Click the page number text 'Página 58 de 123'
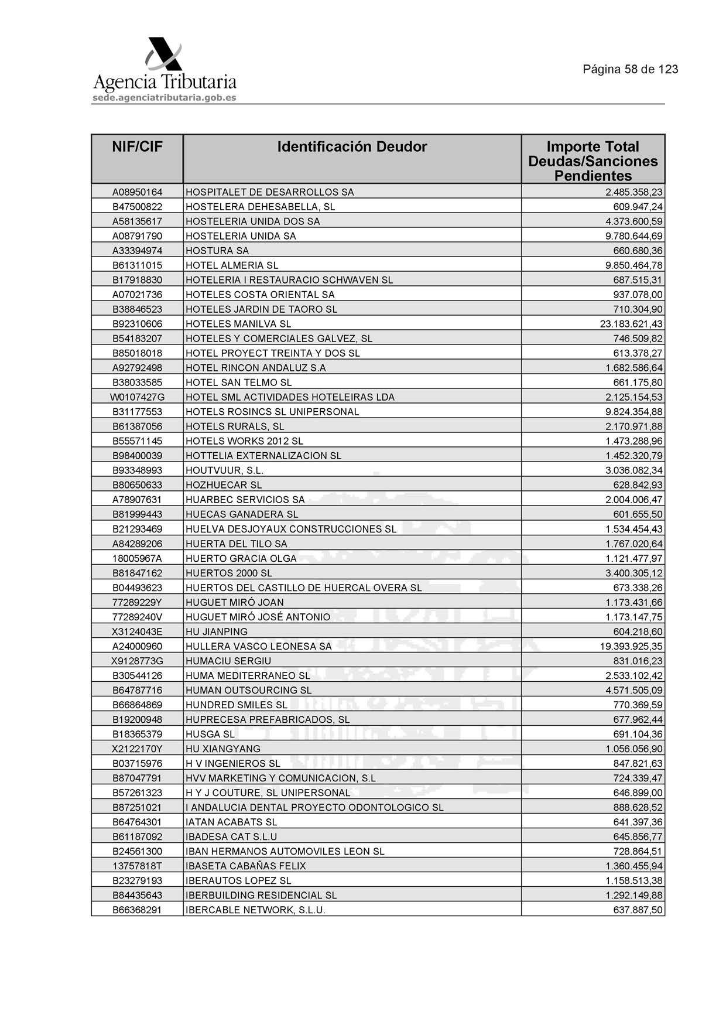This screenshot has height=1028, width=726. pyautogui.click(x=630, y=69)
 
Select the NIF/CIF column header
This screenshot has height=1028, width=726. pyautogui.click(x=137, y=146)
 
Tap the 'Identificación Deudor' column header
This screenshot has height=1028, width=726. pyautogui.click(x=352, y=146)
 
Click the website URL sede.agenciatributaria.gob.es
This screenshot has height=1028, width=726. pyautogui.click(x=165, y=98)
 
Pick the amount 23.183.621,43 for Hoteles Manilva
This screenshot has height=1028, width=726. pyautogui.click(x=631, y=324)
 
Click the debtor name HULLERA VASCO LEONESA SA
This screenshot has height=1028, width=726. pyautogui.click(x=258, y=646)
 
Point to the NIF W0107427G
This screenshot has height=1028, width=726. pyautogui.click(x=137, y=397)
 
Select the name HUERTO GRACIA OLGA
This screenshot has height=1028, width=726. pyautogui.click(x=241, y=558)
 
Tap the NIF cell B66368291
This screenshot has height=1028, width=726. pyautogui.click(x=137, y=910)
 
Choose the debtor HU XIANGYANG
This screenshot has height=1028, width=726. pyautogui.click(x=222, y=749)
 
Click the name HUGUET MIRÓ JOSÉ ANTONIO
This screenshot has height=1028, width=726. pyautogui.click(x=258, y=617)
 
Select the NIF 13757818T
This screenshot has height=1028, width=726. pyautogui.click(x=137, y=866)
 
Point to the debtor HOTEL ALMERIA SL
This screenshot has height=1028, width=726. pyautogui.click(x=232, y=265)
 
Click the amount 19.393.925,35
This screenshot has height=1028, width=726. pyautogui.click(x=631, y=646)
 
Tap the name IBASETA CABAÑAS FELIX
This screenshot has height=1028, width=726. pyautogui.click(x=245, y=866)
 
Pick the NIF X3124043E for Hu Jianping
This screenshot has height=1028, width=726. pyautogui.click(x=137, y=631)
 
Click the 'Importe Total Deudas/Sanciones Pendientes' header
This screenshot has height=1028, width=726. pyautogui.click(x=593, y=160)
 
